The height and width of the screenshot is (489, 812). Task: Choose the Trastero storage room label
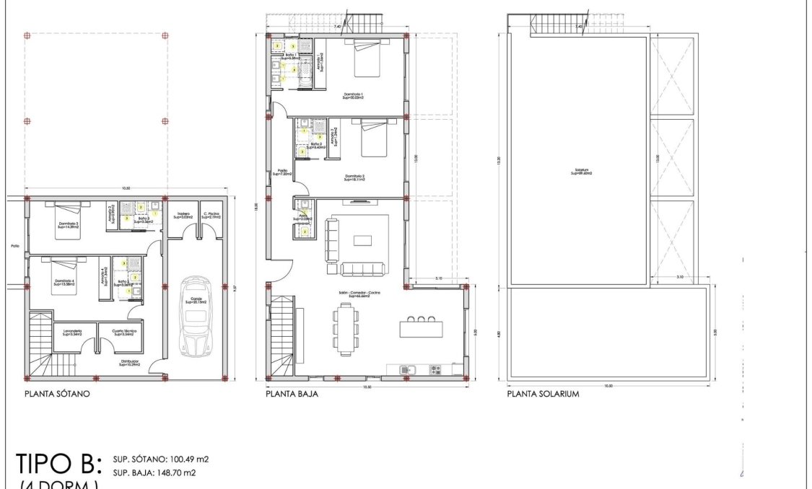coord(183,215)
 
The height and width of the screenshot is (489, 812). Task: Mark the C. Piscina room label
coord(211,215)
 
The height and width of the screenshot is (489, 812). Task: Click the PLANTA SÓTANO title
coord(57,395)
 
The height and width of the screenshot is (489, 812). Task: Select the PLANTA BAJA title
coord(292,395)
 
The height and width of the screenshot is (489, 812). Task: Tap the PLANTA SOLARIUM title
coord(543,395)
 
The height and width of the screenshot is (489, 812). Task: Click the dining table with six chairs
coord(347,329)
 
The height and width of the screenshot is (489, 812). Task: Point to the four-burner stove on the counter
coord(435,369)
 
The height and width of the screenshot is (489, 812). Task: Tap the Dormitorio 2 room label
coord(354,177)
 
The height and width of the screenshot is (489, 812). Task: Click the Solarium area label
coord(581,172)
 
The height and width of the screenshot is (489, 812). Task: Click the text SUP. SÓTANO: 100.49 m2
coord(161,459)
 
